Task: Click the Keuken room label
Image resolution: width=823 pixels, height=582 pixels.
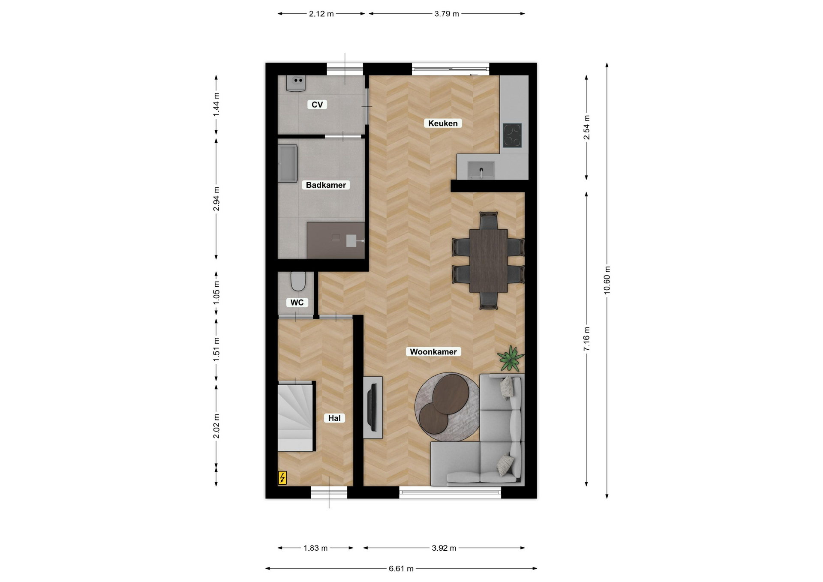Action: [x=443, y=123]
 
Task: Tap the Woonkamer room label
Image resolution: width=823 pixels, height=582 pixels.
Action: [x=433, y=352]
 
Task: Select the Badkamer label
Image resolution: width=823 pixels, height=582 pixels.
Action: [x=326, y=185]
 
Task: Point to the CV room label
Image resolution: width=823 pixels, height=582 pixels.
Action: [x=317, y=105]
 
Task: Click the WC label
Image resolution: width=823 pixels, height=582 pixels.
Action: [x=297, y=303]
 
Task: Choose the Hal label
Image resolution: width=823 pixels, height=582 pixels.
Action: [x=334, y=418]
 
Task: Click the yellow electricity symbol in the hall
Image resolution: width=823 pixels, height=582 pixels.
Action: [x=282, y=477]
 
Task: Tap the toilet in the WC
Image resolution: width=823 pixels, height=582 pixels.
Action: [x=298, y=281]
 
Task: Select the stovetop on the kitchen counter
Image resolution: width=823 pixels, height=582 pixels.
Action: [x=512, y=135]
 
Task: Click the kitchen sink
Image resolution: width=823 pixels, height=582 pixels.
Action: [x=481, y=170]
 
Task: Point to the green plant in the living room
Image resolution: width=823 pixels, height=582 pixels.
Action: [x=511, y=358]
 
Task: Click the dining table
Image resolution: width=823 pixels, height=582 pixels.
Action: [x=488, y=261]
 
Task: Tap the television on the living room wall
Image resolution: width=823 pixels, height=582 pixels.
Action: [x=372, y=408]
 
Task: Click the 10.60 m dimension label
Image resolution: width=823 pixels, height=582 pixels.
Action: [x=607, y=280]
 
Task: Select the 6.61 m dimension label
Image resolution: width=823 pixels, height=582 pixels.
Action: [x=401, y=569]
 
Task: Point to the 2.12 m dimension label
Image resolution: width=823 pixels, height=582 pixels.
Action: [x=321, y=14]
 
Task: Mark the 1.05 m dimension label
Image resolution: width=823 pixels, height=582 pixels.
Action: [x=216, y=294]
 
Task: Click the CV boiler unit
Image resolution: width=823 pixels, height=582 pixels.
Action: [x=296, y=83]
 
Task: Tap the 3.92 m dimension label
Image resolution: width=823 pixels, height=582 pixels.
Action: [x=444, y=548]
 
